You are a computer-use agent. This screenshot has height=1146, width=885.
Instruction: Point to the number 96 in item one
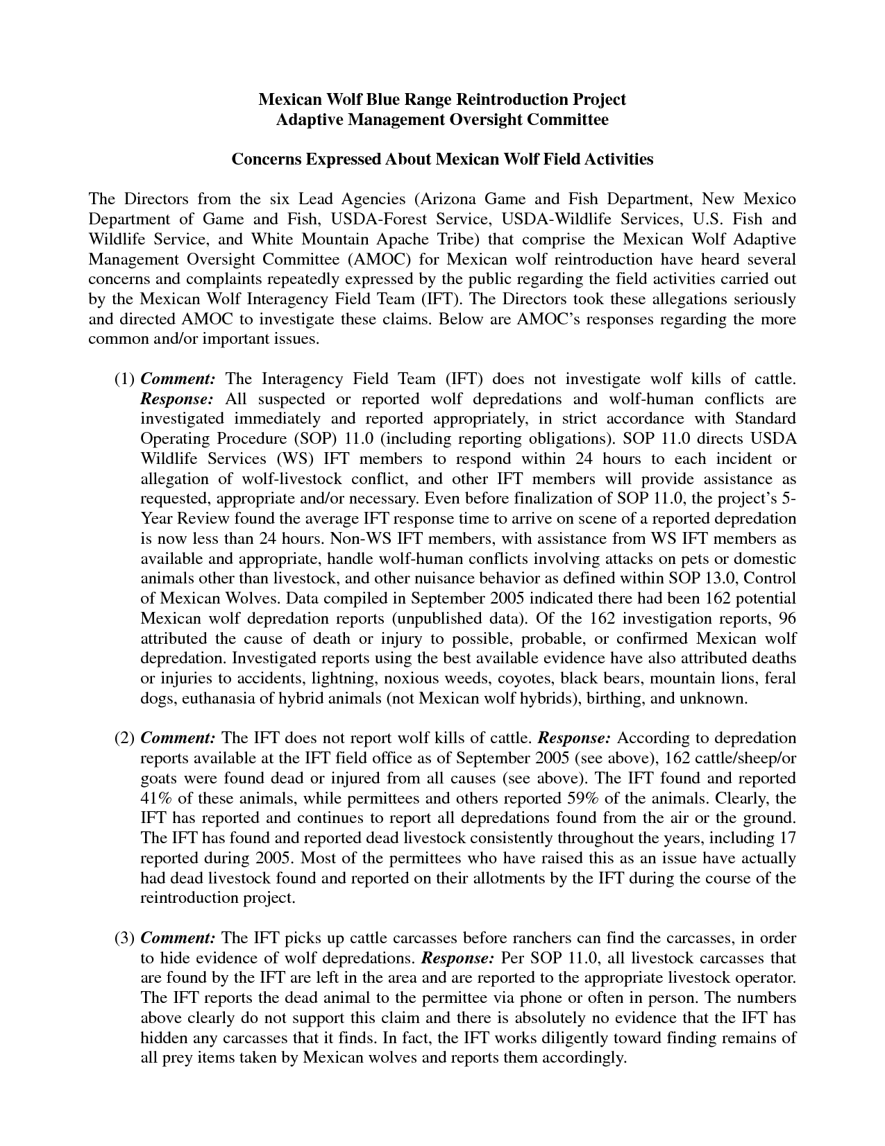(x=787, y=619)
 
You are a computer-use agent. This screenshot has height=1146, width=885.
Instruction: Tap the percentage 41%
(x=155, y=798)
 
